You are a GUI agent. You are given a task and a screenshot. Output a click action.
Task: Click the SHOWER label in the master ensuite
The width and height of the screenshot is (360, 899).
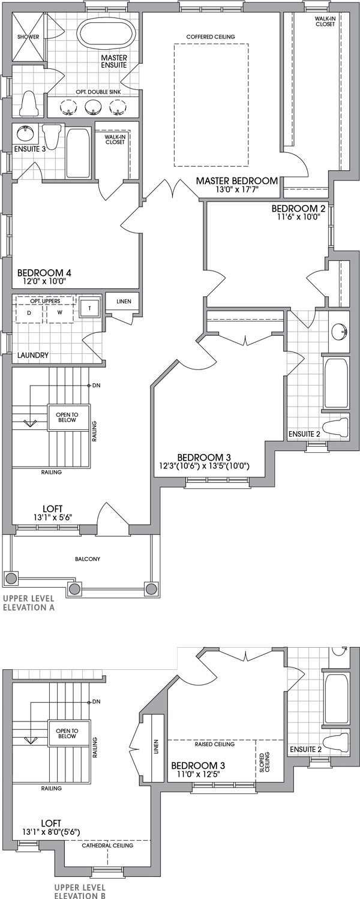coord(28,37)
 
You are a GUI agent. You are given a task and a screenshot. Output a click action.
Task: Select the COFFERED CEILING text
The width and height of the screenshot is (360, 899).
coord(211,37)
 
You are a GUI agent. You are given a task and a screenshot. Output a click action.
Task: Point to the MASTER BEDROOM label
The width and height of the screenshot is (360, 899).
coord(237,181)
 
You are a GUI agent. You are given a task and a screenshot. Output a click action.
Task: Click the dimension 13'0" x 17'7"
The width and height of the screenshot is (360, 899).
coord(238,191)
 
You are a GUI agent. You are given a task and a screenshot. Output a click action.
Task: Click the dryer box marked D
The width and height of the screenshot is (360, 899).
coord(28,312)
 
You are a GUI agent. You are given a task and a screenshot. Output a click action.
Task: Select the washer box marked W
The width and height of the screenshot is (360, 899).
coord(59,312)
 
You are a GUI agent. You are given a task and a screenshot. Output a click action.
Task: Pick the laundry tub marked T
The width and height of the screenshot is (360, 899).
coord(90,308)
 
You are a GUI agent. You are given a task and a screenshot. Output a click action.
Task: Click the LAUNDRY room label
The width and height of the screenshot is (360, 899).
coord(33,355)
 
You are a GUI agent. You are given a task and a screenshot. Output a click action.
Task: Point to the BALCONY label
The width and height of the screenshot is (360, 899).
coord(88,559)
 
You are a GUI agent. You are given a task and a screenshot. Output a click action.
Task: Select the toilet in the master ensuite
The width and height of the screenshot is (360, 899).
coord(29,104)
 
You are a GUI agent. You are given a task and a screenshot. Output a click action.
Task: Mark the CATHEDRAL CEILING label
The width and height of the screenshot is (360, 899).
coord(107,846)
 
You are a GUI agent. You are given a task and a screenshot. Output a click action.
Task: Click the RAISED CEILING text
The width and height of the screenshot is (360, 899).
coord(214,744)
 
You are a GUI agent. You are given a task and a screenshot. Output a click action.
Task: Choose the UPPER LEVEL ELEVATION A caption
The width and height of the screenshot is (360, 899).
coord(28,603)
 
